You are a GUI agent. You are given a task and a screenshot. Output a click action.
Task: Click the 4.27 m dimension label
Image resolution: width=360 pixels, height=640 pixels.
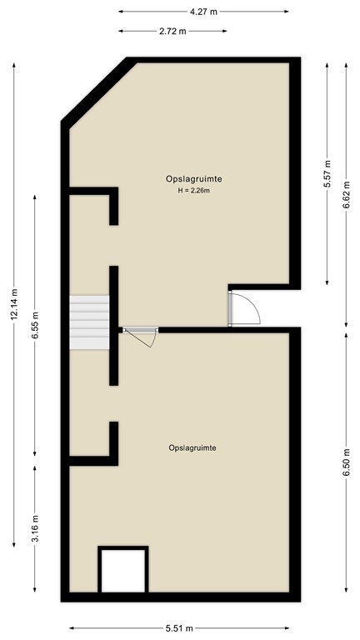203,12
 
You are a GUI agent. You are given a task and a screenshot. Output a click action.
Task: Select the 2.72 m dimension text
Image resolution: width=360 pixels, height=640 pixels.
172,31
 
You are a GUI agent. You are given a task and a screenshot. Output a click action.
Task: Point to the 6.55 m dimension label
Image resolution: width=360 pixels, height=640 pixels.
35,325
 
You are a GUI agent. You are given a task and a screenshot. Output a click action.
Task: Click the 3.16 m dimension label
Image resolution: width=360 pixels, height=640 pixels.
35,528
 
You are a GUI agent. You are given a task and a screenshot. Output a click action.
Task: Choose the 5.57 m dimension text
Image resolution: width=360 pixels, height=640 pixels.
327,173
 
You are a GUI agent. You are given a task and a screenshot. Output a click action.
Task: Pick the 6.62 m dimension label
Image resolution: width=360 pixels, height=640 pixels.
347,194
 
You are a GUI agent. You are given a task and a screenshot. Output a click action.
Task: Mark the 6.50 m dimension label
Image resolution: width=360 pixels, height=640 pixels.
347,462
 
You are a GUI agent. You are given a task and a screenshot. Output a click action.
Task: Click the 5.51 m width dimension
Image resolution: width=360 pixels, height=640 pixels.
179,627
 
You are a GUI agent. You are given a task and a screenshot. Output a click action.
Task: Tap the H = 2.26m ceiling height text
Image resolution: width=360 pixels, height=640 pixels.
193,190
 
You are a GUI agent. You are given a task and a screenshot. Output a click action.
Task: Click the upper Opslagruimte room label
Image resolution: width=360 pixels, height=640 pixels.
194,178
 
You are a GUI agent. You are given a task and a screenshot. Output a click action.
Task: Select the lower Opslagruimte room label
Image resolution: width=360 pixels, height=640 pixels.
192,447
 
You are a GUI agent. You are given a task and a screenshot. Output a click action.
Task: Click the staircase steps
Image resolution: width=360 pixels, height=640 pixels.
89,322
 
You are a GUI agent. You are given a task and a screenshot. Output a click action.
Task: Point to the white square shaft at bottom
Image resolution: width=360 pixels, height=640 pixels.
122,571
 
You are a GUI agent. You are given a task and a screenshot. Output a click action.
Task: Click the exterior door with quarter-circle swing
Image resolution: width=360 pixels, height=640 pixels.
244,308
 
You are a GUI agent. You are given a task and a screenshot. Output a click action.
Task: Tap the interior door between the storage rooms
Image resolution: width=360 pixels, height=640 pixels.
140,337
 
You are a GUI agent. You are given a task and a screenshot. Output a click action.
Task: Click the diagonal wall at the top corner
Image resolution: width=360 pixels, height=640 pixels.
98,91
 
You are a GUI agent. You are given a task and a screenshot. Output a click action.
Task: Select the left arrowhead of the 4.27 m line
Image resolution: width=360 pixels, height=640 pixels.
121,12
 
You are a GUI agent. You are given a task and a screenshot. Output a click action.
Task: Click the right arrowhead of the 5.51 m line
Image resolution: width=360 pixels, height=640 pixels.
287,627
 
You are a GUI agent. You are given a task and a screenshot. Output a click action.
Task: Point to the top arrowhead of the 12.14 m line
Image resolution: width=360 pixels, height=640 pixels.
15,65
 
